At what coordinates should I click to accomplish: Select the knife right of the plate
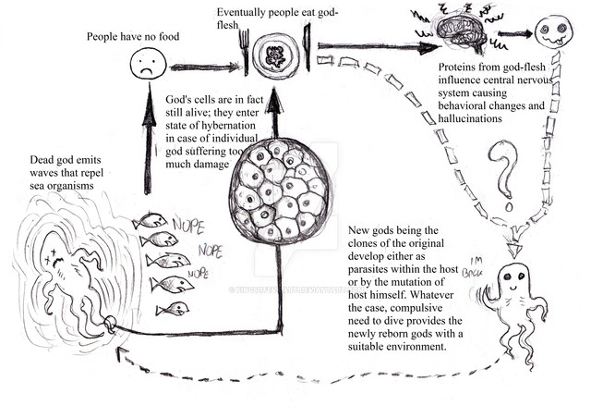(x=307, y=52)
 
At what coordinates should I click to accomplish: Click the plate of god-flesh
(x=274, y=55)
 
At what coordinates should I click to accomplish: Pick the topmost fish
(x=150, y=221)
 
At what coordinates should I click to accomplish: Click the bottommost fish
(x=173, y=308)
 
